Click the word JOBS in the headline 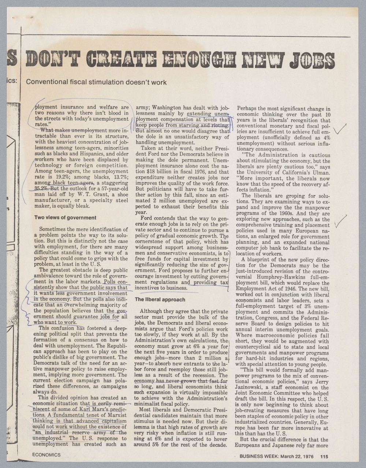click(312, 61)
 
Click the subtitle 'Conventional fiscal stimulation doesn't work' click(96, 83)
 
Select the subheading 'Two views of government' click(65, 218)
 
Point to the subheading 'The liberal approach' click(160, 299)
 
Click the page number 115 click(324, 456)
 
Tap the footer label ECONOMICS click(46, 455)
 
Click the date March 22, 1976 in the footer click(297, 456)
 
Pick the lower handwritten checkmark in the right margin click(340, 221)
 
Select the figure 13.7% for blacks click(120, 177)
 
